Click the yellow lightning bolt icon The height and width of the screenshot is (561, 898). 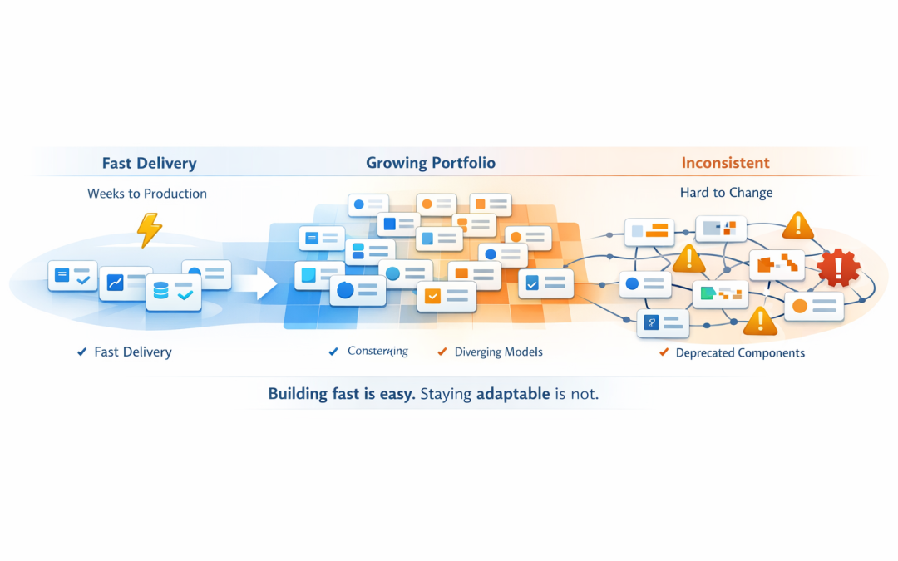pyautogui.click(x=149, y=229)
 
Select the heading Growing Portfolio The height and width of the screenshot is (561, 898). pyautogui.click(x=431, y=163)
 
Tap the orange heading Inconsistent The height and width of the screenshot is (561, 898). pyautogui.click(x=725, y=163)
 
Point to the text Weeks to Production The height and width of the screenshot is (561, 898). pyautogui.click(x=147, y=194)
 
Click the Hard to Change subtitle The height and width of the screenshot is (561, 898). pyautogui.click(x=726, y=193)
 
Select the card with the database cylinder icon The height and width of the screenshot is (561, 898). pyautogui.click(x=173, y=293)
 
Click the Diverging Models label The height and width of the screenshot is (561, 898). pyautogui.click(x=498, y=352)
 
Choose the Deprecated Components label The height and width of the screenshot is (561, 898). pyautogui.click(x=740, y=353)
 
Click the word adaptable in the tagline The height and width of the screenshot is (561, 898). pyautogui.click(x=512, y=394)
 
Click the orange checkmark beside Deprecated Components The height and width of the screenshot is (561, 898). pyautogui.click(x=664, y=352)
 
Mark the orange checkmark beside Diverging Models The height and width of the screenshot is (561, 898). pyautogui.click(x=442, y=352)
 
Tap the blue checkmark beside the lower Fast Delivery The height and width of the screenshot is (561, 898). pyautogui.click(x=81, y=352)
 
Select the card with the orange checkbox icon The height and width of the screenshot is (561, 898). pyautogui.click(x=446, y=296)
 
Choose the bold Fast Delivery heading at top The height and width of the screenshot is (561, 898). pyautogui.click(x=149, y=163)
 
